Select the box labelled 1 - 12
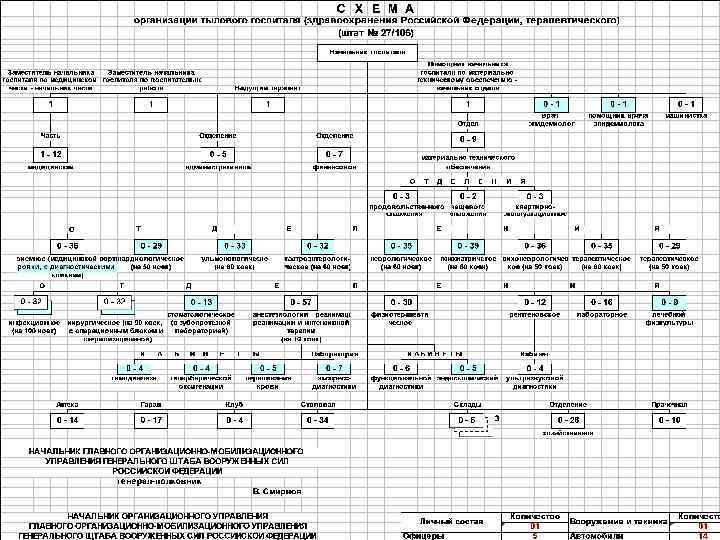pos(51,153)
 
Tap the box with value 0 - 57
pos(300,301)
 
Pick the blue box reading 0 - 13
pos(203,301)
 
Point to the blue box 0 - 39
pos(467,245)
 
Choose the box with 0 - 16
pos(601,301)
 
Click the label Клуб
pos(235,403)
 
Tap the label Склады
pos(467,403)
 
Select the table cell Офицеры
pos(424,535)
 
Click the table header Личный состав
pos(449,520)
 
